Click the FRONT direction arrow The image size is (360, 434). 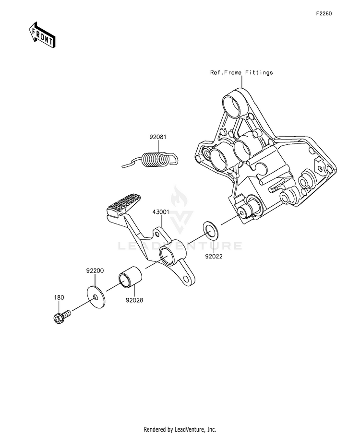click(42, 35)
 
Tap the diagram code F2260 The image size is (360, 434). click(324, 13)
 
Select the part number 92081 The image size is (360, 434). click(158, 137)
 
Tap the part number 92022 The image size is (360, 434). click(214, 256)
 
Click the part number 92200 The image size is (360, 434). click(95, 270)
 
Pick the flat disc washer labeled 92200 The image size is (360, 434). click(96, 297)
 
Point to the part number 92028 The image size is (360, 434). click(134, 300)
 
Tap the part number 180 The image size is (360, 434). click(59, 297)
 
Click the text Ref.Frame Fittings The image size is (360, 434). click(241, 72)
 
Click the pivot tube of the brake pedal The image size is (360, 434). click(172, 253)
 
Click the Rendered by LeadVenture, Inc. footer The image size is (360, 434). click(180, 429)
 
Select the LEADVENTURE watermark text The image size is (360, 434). click(180, 246)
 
